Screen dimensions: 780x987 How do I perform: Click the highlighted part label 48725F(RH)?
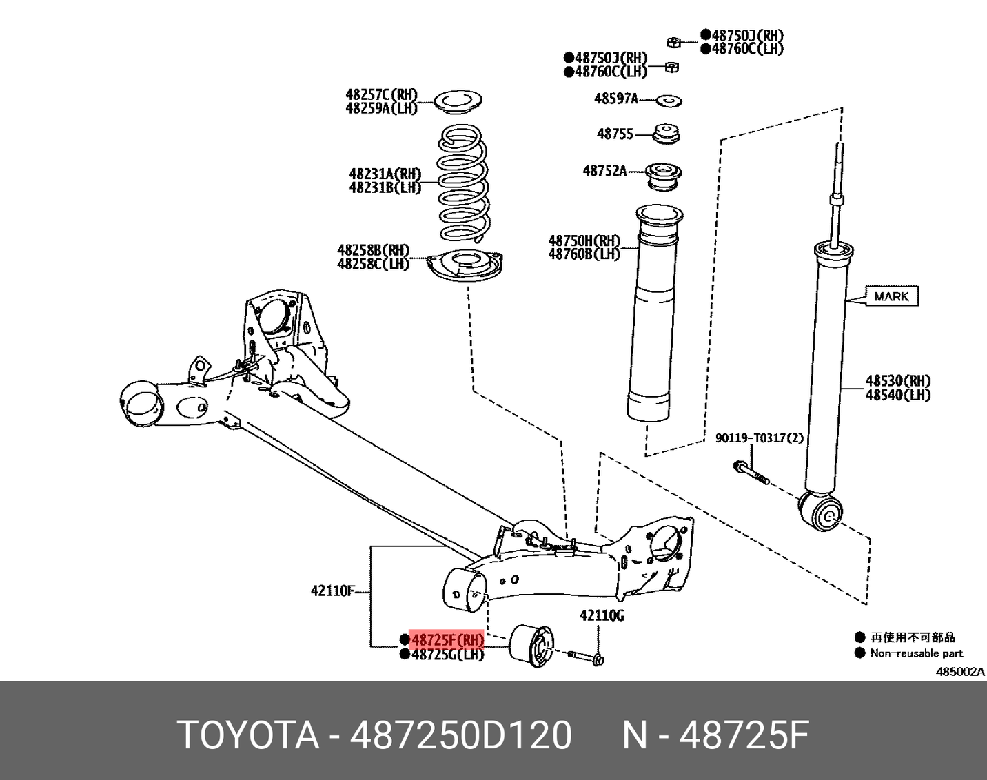tap(447, 639)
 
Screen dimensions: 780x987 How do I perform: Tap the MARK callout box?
tap(891, 296)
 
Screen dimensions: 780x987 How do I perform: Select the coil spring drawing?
tap(464, 183)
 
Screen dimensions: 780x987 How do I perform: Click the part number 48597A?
tap(615, 99)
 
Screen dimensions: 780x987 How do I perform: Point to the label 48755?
tap(615, 134)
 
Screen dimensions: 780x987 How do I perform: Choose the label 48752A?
tap(604, 171)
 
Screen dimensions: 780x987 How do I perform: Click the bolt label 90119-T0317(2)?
tap(759, 438)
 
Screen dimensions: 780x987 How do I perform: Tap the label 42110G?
tap(602, 615)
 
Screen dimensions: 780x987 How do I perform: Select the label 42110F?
tap(332, 591)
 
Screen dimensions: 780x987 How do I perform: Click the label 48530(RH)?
tap(898, 381)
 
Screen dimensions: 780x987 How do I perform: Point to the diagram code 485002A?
tap(959, 671)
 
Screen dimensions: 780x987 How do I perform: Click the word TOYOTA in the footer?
tap(249, 735)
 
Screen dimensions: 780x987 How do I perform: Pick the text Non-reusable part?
tap(916, 653)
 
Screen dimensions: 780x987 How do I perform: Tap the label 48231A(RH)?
tap(385, 174)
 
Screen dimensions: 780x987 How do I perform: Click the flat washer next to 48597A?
tap(668, 101)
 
